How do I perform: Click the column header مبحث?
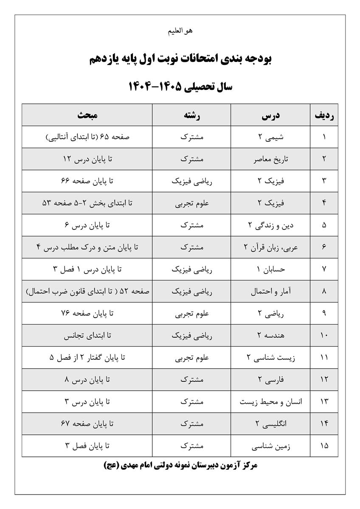pos(87,115)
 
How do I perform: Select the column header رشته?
pos(192,115)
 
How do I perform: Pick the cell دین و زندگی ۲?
pos(271,225)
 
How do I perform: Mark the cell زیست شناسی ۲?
pos(271,358)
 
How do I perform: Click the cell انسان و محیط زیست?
pos(271,402)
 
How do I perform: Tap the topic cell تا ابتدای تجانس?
pos(87,336)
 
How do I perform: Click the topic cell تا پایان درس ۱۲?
pos(87,159)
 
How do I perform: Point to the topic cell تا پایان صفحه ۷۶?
pos(87,313)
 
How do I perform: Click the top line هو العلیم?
pos(180,31)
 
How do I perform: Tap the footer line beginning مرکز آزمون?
pos(180,465)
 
